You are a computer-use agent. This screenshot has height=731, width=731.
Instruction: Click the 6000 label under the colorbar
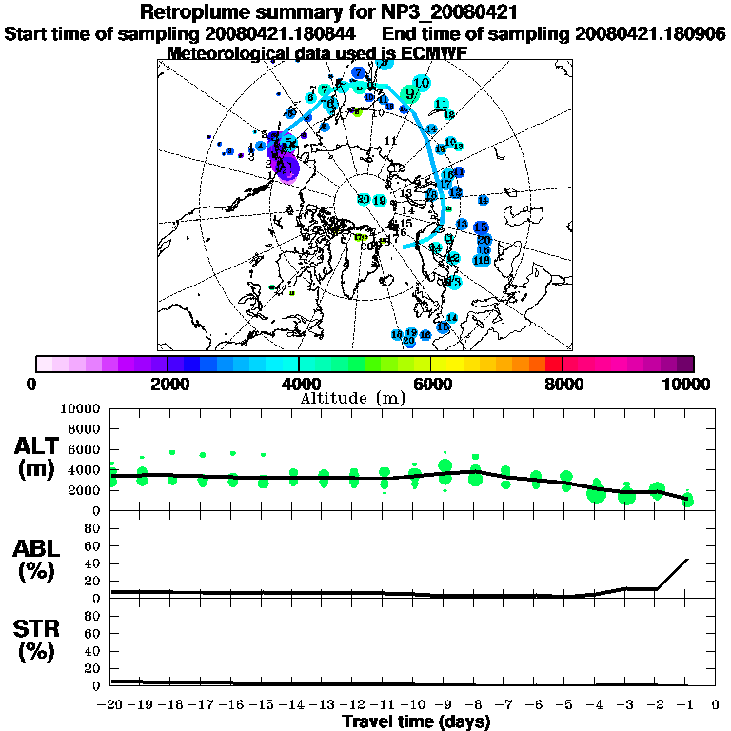coord(431,384)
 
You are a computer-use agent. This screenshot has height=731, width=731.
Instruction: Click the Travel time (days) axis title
coord(416,721)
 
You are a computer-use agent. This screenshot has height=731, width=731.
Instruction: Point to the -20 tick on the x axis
coord(111,705)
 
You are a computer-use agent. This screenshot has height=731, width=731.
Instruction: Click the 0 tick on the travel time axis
coord(716,705)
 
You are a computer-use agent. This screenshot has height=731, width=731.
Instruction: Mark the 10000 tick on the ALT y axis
coord(83,408)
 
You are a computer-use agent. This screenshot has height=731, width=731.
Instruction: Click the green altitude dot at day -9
coord(445,466)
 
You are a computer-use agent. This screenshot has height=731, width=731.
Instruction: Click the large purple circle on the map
coord(287,168)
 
